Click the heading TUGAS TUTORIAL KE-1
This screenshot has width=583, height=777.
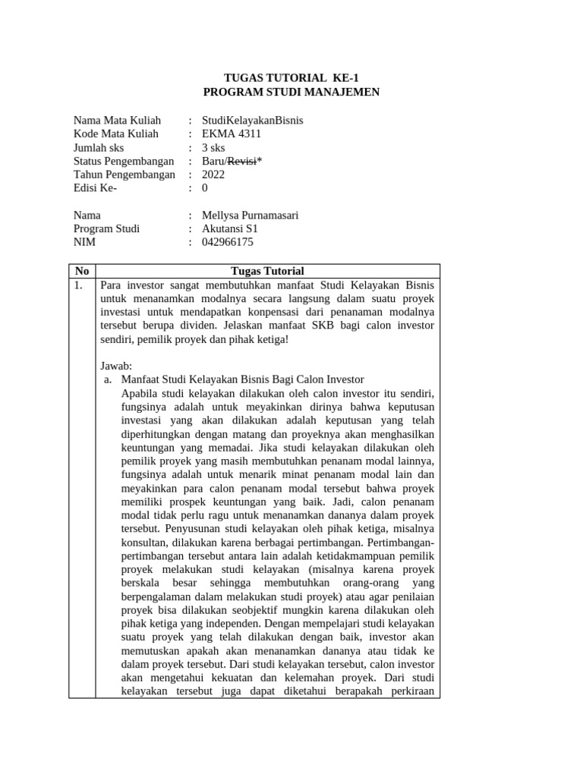291,78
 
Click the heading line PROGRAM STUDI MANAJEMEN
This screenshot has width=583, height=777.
291,92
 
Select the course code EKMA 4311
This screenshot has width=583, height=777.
232,134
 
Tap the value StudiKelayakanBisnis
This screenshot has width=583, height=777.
252,121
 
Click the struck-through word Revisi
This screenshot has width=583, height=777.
242,162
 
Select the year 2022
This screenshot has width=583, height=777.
213,175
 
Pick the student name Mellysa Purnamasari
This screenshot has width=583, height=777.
250,215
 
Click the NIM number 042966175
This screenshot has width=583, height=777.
228,243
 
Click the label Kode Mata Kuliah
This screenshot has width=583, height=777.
115,134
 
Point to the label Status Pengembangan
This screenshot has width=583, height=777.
123,162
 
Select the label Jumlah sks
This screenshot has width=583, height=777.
98,148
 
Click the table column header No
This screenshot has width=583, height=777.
82,271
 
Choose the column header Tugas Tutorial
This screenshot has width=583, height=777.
266,271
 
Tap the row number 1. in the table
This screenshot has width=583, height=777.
79,285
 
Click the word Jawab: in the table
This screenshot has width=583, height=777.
116,366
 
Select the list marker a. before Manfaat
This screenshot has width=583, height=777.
108,379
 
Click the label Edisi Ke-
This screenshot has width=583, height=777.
95,188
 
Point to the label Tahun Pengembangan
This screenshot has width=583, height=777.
124,175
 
